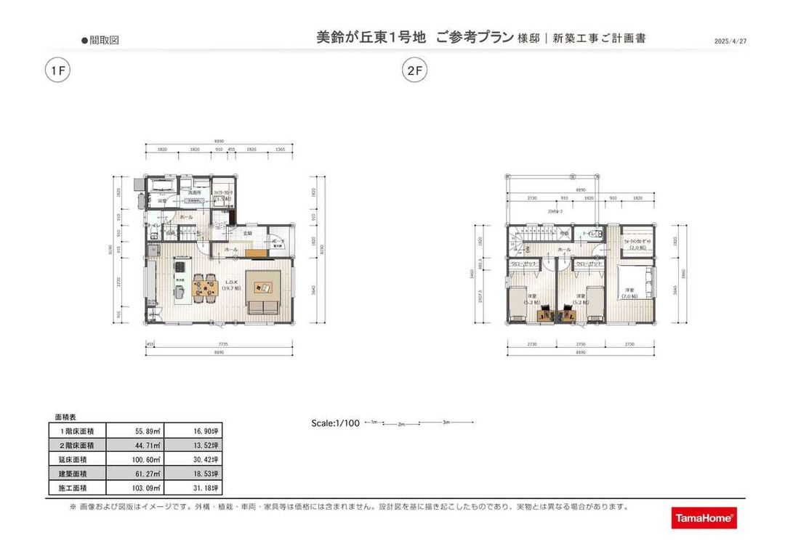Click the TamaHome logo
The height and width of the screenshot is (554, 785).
[x=704, y=518]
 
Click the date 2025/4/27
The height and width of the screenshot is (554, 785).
[x=730, y=41]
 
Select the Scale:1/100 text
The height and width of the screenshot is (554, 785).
[x=335, y=423]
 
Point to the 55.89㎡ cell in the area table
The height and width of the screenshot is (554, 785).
[x=134, y=431]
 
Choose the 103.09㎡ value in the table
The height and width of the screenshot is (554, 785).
[x=134, y=488]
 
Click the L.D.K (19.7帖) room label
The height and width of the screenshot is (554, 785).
[x=232, y=285]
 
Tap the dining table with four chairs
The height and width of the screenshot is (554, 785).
[x=206, y=288]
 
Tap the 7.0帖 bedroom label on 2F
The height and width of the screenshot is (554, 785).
[x=629, y=293]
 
